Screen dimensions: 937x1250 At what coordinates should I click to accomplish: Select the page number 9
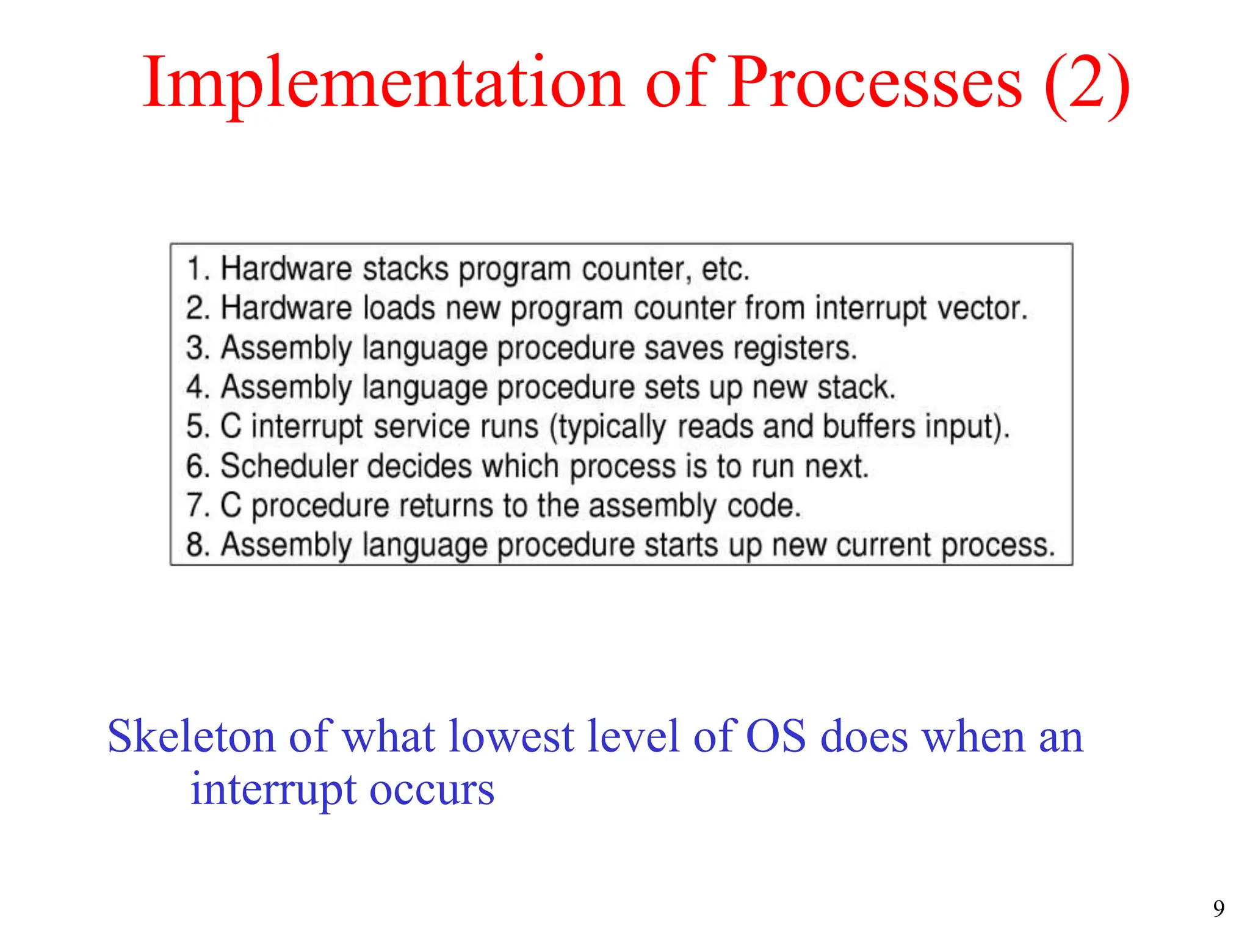[1218, 909]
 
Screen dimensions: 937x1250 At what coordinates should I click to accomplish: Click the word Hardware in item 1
[286, 269]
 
